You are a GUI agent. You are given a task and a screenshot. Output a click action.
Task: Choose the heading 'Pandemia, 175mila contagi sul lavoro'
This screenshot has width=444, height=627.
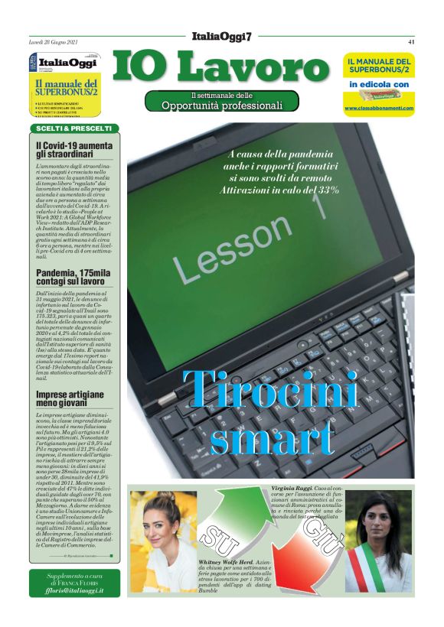click(70, 275)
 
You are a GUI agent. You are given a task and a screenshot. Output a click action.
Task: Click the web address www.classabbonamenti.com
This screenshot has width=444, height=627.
click(379, 109)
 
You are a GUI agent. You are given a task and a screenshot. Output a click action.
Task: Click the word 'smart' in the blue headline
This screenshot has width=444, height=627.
click(273, 439)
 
